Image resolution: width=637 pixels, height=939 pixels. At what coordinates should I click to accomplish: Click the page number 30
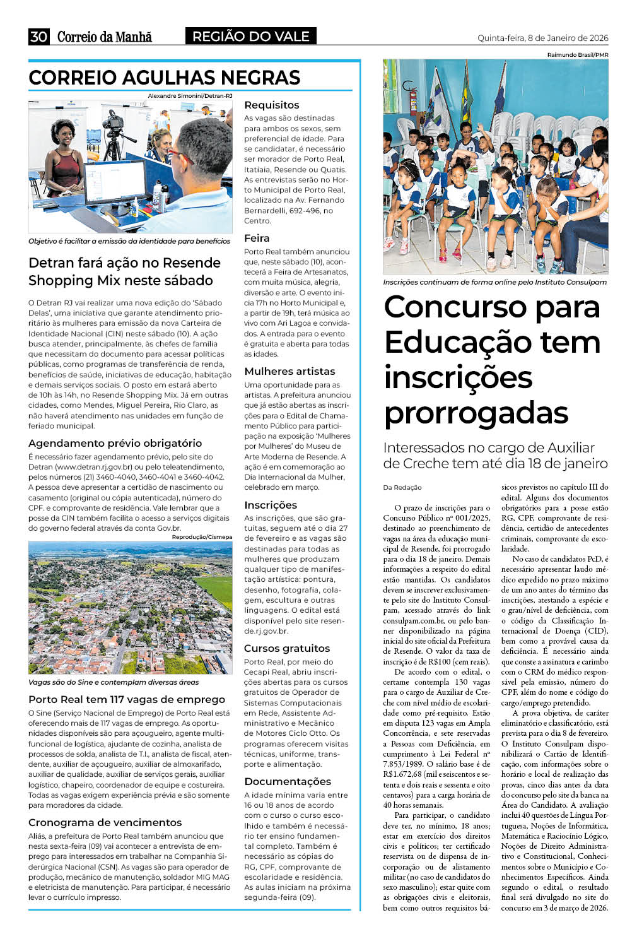pyautogui.click(x=38, y=37)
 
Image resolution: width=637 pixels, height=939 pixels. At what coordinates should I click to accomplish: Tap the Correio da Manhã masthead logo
pyautogui.click(x=105, y=37)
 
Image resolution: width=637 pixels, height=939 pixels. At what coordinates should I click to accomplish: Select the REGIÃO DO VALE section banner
pyautogui.click(x=250, y=37)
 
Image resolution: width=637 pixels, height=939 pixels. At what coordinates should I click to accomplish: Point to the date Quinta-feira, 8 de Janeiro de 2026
pyautogui.click(x=542, y=38)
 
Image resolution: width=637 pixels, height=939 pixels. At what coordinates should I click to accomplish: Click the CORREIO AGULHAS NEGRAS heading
pyautogui.click(x=164, y=78)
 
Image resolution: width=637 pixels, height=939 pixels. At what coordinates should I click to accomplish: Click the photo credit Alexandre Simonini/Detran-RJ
pyautogui.click(x=190, y=96)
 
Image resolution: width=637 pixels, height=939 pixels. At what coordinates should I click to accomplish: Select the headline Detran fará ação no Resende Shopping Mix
pyautogui.click(x=124, y=271)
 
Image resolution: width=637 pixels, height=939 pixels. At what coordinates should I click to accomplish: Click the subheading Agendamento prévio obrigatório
pyautogui.click(x=115, y=443)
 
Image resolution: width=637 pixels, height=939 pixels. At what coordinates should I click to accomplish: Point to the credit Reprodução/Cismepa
pyautogui.click(x=202, y=537)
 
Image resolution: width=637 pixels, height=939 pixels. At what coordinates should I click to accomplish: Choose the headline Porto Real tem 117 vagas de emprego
pyautogui.click(x=126, y=699)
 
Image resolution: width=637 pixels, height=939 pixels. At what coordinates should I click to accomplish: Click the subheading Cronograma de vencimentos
pyautogui.click(x=105, y=822)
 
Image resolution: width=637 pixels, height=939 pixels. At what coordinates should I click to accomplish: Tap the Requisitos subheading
pyautogui.click(x=271, y=105)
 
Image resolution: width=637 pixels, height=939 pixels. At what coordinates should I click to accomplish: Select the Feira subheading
pyautogui.click(x=257, y=238)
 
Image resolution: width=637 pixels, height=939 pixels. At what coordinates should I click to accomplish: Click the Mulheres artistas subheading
pyautogui.click(x=289, y=371)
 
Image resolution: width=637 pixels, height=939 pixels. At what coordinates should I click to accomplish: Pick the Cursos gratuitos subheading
pyautogui.click(x=287, y=648)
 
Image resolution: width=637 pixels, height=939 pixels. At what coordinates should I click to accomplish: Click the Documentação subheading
pyautogui.click(x=288, y=781)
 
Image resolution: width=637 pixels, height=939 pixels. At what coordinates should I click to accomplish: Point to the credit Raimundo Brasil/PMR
pyautogui.click(x=577, y=55)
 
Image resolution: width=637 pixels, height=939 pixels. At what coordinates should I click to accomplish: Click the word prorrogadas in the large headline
pyautogui.click(x=476, y=413)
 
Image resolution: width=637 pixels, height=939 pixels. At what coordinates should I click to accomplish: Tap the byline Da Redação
pyautogui.click(x=402, y=487)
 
